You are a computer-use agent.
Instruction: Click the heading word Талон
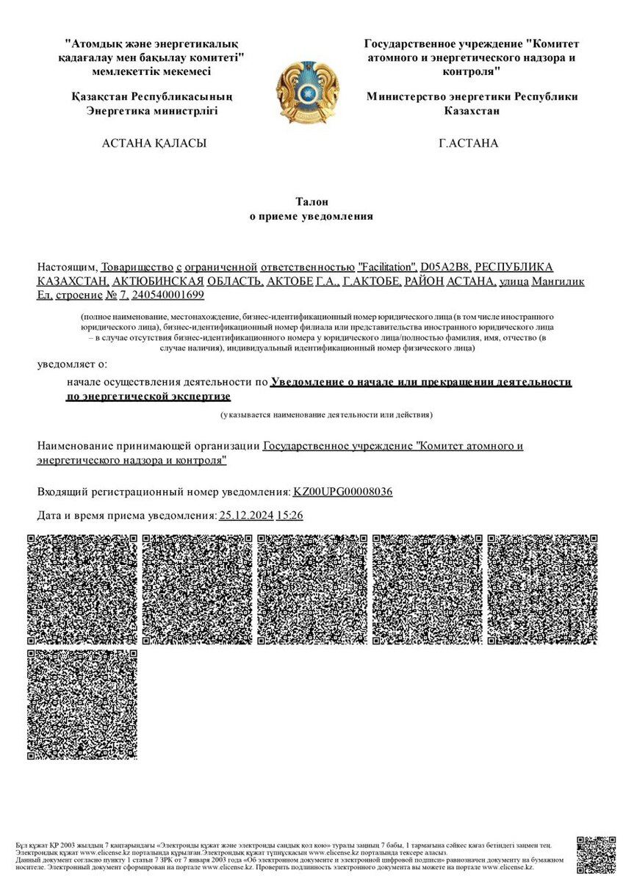(311, 201)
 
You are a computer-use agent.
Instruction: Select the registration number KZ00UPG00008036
(342, 491)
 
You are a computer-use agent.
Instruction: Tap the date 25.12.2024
(246, 516)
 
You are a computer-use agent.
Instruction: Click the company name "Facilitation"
(386, 267)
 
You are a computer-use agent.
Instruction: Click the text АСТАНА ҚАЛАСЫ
(154, 143)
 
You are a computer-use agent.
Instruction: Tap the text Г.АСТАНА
(469, 143)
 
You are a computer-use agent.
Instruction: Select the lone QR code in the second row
(82, 704)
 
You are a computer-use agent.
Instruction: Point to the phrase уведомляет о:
(72, 363)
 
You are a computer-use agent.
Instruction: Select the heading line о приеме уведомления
(311, 217)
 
